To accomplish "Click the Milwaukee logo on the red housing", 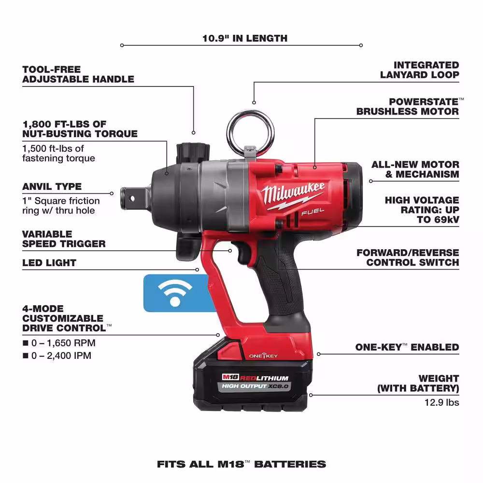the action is [293, 194].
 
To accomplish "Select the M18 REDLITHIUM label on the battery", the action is [256, 377].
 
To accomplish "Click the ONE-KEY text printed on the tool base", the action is [263, 356].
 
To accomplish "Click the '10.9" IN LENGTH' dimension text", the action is [245, 38].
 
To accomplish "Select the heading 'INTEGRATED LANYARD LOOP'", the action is [420, 70].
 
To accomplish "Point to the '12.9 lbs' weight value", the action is [442, 402].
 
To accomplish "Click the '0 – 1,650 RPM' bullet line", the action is [59, 343].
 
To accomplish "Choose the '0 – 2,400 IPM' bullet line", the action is [57, 355].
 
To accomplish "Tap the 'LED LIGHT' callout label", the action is [49, 263].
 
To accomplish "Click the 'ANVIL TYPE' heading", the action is [52, 186].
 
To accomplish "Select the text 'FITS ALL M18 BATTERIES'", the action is [241, 464].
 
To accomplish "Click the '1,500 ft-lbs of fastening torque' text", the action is [58, 154].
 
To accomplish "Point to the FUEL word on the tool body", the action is [313, 212].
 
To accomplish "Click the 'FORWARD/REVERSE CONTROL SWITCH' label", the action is [408, 257].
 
